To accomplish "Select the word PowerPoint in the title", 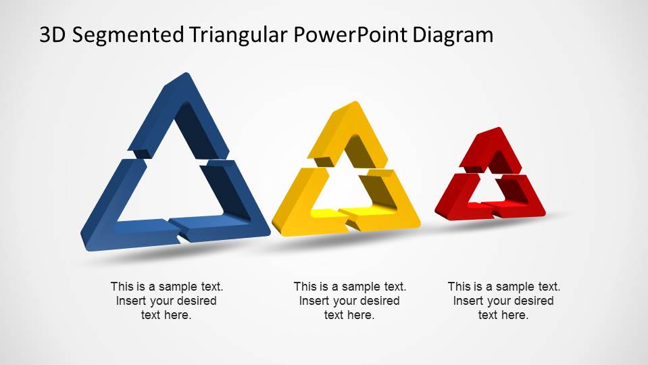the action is [x=351, y=34].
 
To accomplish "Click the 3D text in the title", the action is [x=53, y=35].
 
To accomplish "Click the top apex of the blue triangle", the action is [x=186, y=74].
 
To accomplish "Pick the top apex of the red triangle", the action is [x=499, y=128].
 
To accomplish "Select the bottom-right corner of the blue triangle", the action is [x=269, y=234].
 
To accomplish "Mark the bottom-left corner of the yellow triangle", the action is [x=274, y=234].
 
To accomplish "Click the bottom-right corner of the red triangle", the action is [x=544, y=213].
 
